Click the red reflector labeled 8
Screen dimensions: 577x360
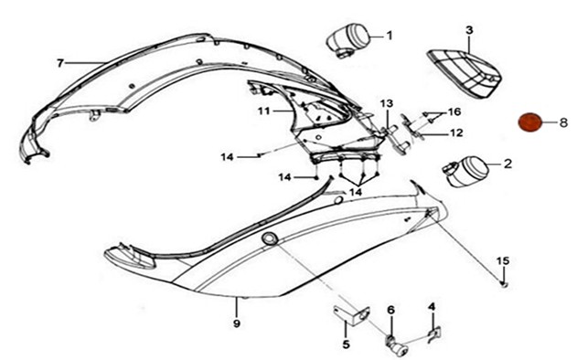530,122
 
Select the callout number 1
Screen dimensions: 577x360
390,36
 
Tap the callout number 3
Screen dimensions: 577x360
469,30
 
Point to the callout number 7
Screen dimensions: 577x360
60,63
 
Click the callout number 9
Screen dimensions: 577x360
237,323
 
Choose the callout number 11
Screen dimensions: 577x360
264,111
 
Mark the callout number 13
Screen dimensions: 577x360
387,103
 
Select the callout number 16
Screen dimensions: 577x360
454,111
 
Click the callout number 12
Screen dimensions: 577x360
456,132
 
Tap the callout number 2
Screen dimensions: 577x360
508,164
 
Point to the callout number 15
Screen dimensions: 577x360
503,260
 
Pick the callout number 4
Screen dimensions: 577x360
432,307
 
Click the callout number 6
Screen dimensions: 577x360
390,310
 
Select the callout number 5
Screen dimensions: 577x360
346,344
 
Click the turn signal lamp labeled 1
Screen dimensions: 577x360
347,39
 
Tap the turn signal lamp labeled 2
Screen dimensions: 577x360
465,172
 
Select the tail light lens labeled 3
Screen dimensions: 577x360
465,74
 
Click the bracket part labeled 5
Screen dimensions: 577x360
352,315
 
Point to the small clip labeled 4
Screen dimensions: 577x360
434,334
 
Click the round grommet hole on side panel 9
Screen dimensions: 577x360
271,238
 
